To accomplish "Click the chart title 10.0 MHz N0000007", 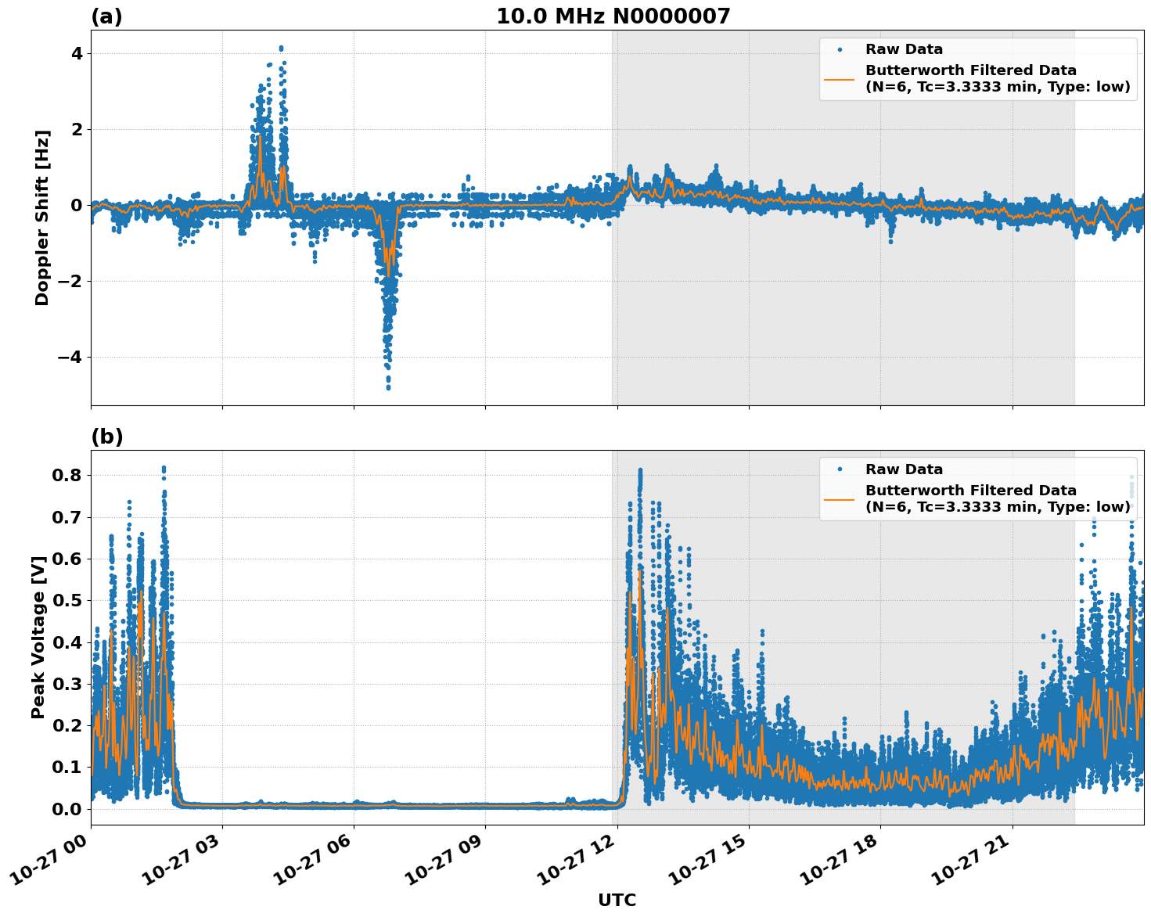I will coord(613,16).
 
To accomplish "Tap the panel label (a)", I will coord(106,16).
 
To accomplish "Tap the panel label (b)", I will coord(106,437).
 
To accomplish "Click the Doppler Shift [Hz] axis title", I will coord(42,218).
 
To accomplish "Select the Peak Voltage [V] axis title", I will coord(38,637).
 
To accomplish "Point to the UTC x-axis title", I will coord(617,900).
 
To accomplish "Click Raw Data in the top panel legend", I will coord(904,49).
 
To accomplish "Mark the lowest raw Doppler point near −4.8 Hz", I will coord(388,387).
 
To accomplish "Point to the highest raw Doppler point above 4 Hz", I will coord(281,48).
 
